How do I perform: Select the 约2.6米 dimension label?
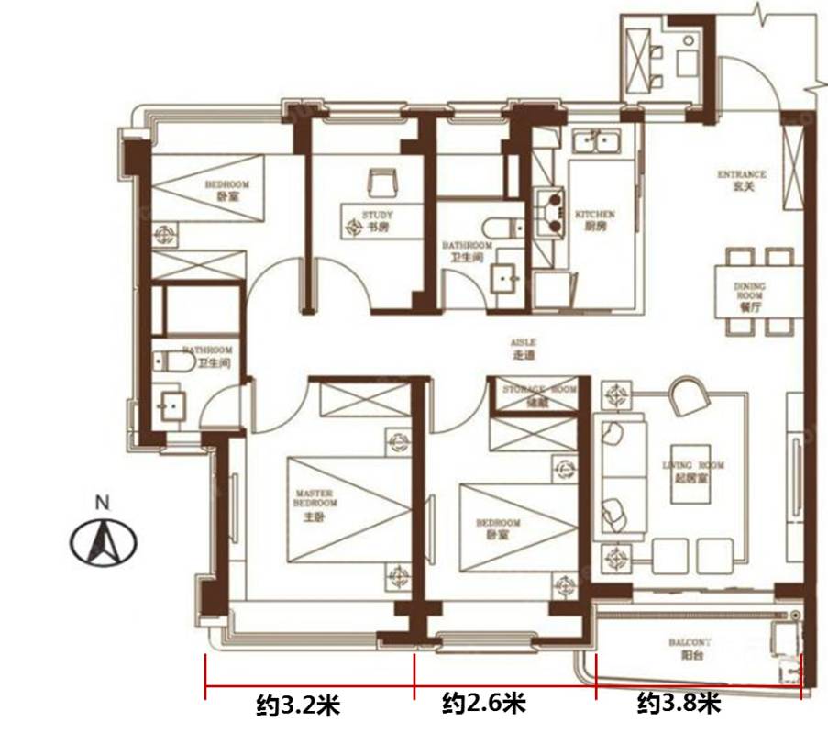click(484, 704)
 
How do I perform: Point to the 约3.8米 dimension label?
click(679, 704)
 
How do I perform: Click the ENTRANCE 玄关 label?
click(742, 181)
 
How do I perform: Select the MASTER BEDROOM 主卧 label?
click(314, 507)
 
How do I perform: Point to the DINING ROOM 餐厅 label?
click(748, 297)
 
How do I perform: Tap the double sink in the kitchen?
click(598, 142)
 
